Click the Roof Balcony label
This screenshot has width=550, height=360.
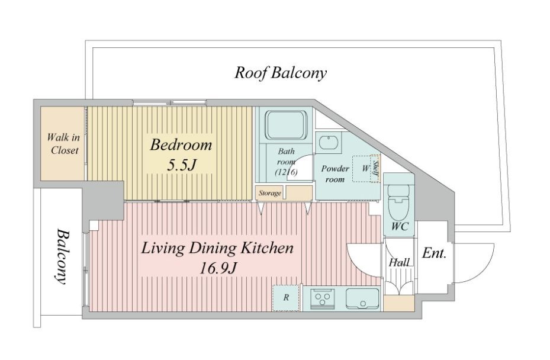[280, 73]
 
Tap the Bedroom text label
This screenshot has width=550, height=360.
[181, 144]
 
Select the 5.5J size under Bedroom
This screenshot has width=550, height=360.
[181, 165]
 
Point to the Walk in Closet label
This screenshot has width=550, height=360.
[64, 143]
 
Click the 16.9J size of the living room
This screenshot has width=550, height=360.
[217, 269]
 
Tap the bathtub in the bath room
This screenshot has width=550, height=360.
[286, 126]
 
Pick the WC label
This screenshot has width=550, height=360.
[400, 227]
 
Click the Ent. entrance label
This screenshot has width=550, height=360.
[434, 253]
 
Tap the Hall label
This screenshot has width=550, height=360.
[399, 262]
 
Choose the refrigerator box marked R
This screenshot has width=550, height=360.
[286, 298]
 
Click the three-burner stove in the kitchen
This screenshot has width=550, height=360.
[322, 299]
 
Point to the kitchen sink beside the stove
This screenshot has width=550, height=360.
[362, 299]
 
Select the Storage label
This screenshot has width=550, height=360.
[270, 193]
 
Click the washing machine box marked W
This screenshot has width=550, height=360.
[365, 169]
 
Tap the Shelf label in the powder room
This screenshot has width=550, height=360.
[375, 168]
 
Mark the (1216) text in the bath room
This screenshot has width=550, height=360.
[286, 172]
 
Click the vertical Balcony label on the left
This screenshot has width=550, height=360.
[62, 256]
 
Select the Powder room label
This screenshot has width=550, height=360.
[335, 174]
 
